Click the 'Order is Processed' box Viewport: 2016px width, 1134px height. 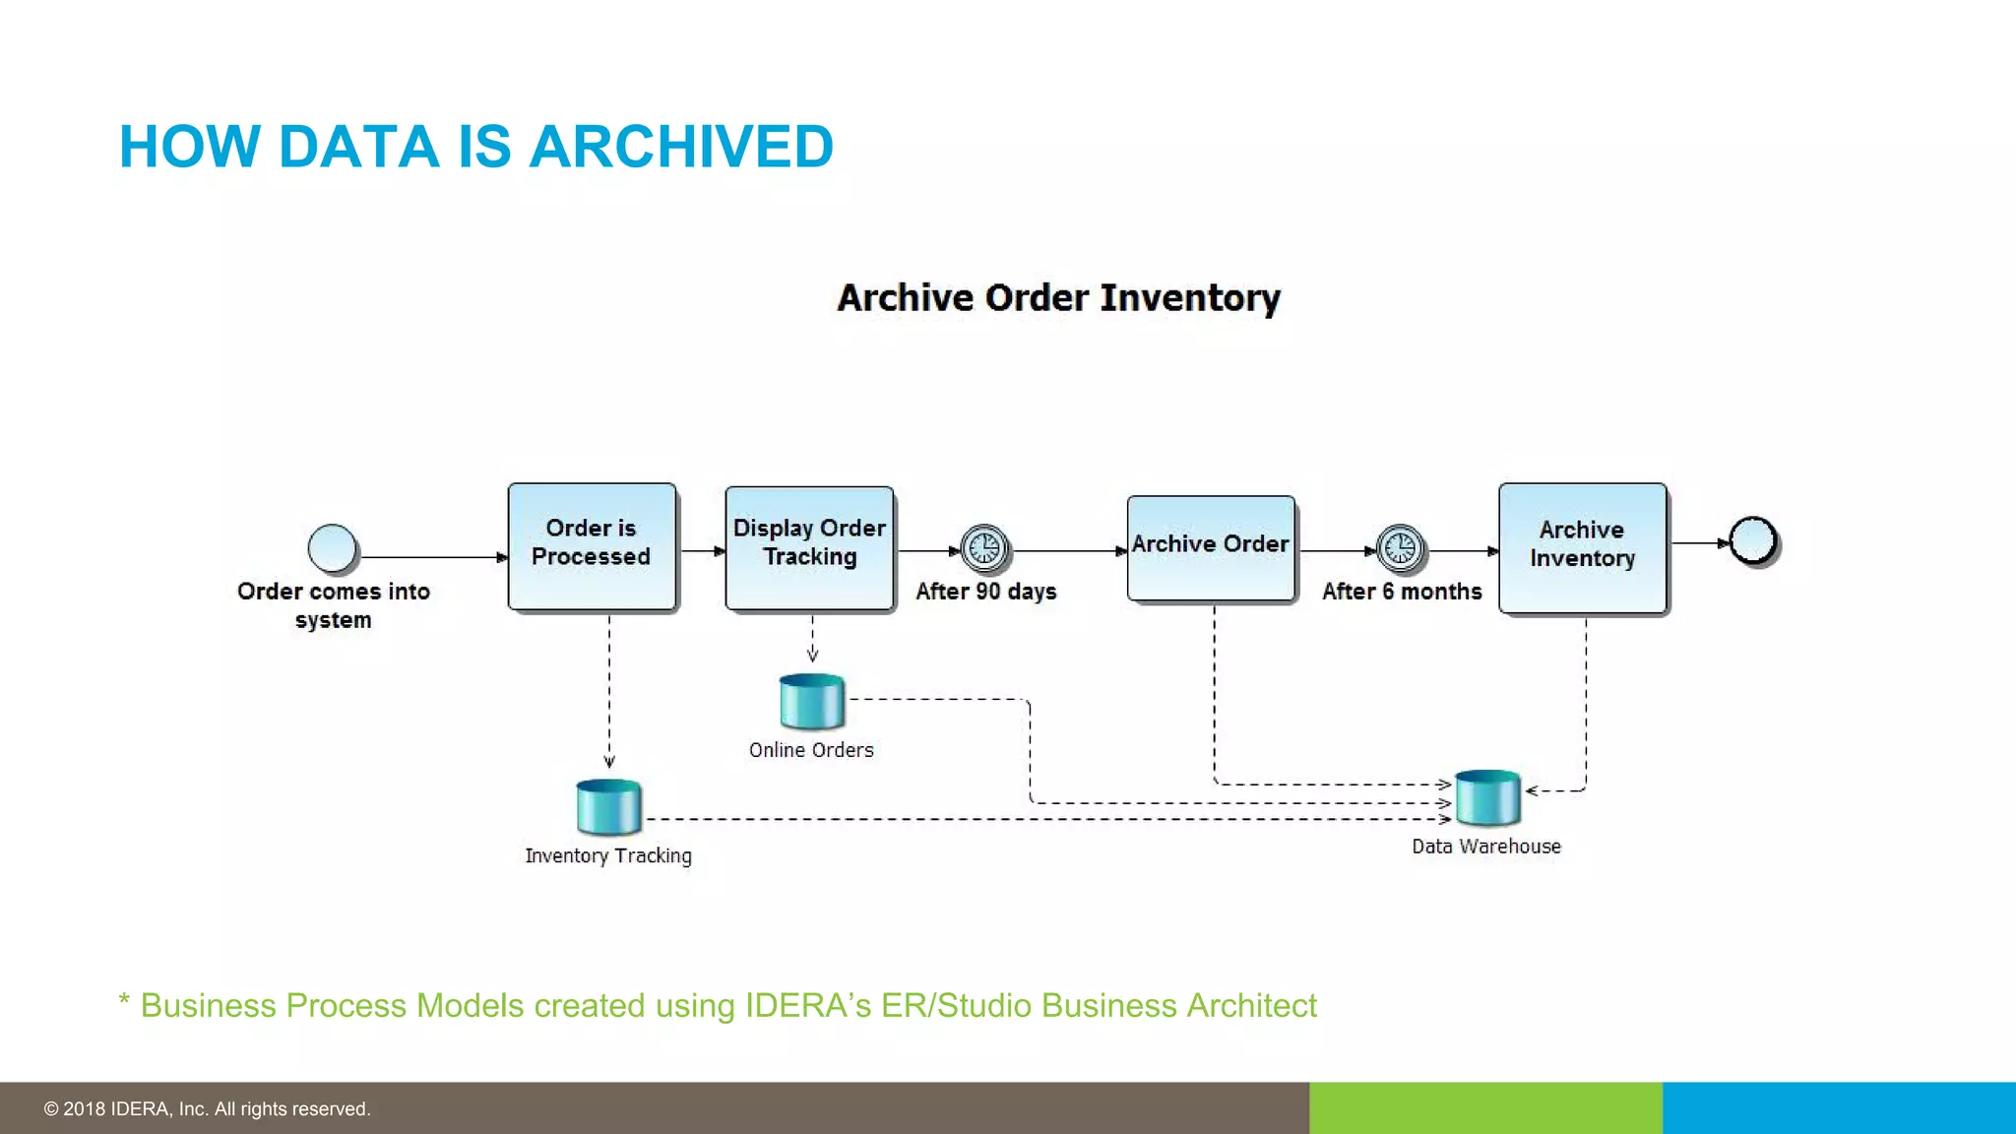pos(592,546)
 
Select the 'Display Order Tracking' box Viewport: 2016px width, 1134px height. pos(809,548)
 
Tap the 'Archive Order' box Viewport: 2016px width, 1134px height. pos(1210,548)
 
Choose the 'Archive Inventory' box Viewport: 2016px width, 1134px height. pos(1582,548)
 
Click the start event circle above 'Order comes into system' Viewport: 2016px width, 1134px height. pos(332,548)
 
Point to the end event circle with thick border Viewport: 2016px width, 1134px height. pos(1752,540)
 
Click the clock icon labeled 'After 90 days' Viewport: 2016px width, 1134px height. pos(984,548)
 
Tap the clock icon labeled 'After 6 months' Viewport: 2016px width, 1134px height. pos(1400,548)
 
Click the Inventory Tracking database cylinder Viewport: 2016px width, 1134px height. pos(608,806)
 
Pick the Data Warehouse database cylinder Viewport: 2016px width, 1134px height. pos(1487,796)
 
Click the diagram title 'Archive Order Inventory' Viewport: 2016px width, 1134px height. pos(1058,297)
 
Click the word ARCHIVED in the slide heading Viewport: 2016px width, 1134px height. pos(681,147)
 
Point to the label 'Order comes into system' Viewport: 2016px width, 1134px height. pos(333,604)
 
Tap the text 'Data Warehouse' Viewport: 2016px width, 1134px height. pos(1485,847)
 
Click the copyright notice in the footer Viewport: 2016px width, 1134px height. pos(207,1109)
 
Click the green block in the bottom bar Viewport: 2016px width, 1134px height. pos(1484,1107)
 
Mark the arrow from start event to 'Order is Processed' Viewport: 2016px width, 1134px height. pos(433,557)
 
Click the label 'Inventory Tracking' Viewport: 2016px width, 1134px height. pos(607,855)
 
